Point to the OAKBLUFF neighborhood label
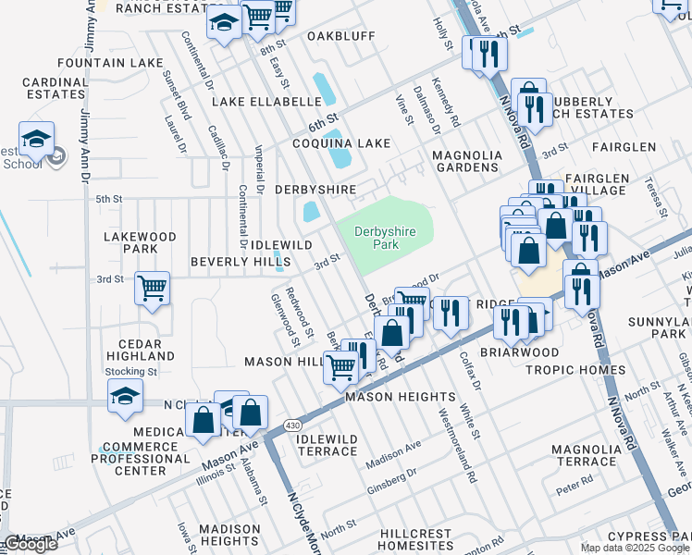click(x=340, y=36)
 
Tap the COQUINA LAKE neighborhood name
click(x=341, y=143)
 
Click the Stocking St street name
click(x=130, y=371)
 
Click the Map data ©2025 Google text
click(x=635, y=548)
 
